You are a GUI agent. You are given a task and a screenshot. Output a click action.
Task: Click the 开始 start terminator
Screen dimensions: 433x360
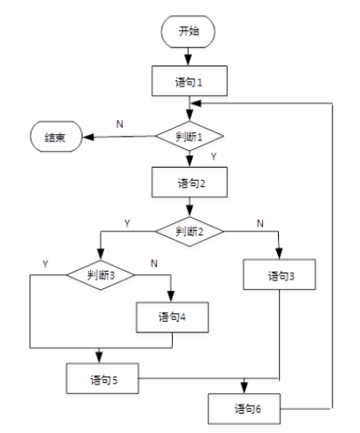(x=190, y=31)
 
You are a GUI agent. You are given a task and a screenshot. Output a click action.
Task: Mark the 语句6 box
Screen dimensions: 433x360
(x=244, y=409)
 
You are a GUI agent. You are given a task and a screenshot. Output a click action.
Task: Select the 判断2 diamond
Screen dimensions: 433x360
(x=190, y=232)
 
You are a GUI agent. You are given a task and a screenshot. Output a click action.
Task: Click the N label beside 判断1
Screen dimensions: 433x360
(x=119, y=124)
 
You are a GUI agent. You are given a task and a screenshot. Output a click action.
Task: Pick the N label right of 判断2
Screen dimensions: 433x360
(x=259, y=223)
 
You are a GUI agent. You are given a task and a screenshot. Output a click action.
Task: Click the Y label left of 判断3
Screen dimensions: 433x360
(x=46, y=264)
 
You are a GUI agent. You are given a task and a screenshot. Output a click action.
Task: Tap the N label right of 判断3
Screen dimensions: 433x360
(x=154, y=264)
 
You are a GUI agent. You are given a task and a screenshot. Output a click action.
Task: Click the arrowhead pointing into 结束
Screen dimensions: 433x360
(x=82, y=137)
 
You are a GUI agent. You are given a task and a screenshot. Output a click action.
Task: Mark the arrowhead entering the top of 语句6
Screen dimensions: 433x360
(x=244, y=390)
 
